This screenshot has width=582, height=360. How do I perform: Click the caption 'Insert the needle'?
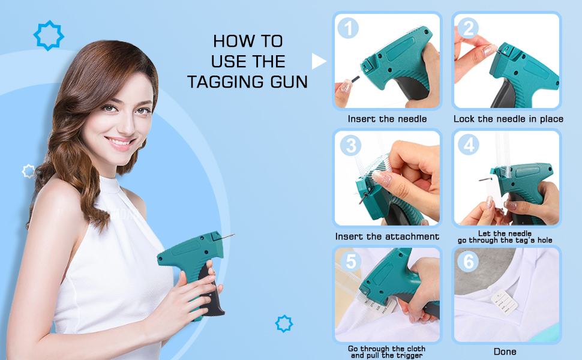point(387,119)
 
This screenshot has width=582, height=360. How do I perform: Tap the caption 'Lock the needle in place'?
point(508,119)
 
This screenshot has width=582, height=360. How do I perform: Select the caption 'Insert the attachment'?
point(387,236)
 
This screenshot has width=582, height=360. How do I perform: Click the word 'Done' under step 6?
point(504,352)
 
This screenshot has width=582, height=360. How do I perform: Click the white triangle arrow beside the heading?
point(319,61)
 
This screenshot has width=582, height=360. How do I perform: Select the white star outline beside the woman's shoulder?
point(29,172)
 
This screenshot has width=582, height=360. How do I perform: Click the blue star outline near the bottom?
point(284,324)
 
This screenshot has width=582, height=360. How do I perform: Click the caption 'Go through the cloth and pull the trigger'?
point(387,352)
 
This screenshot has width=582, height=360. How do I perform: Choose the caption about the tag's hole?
point(505,236)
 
